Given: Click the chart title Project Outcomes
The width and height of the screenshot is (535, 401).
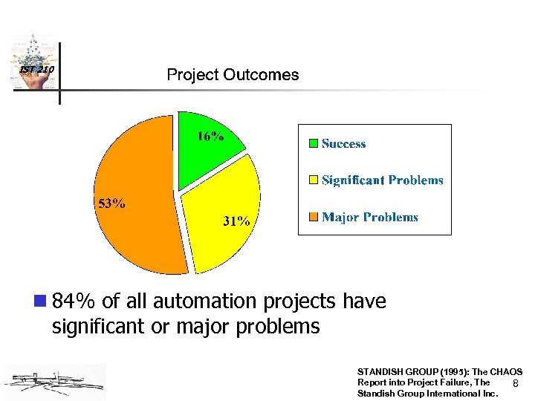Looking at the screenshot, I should click(x=233, y=75).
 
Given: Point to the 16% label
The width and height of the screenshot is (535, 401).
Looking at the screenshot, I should click(x=211, y=136).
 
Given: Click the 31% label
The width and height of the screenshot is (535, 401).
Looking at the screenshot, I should click(x=237, y=221).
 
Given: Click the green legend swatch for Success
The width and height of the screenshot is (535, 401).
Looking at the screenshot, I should click(x=314, y=143).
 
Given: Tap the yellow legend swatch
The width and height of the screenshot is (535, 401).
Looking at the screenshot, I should click(x=314, y=180).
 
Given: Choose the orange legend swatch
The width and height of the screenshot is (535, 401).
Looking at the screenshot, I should click(x=314, y=217).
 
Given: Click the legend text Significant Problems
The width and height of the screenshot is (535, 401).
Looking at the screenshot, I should click(x=382, y=180).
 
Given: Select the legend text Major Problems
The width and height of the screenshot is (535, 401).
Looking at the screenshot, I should click(x=369, y=217).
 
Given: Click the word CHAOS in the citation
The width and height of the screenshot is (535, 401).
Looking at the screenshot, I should click(x=506, y=371).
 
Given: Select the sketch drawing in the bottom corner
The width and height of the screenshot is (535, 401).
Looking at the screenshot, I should click(x=53, y=382).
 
